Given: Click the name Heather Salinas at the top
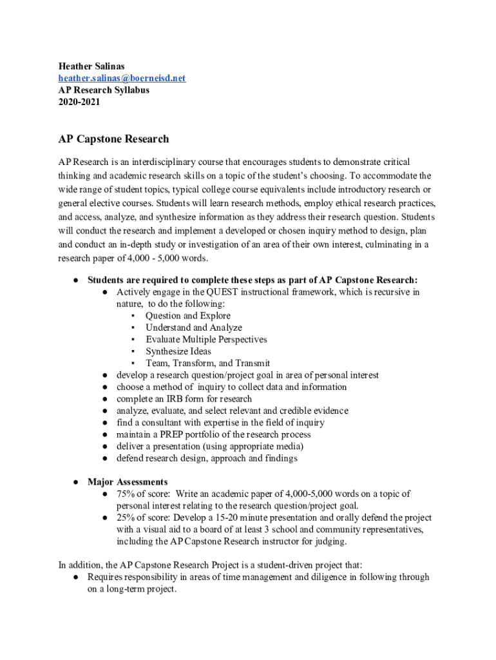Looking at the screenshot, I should (92, 66).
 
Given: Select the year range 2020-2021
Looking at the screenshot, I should (79, 102).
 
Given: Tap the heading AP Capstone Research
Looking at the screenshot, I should (113, 139).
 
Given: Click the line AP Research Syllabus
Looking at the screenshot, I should (104, 90).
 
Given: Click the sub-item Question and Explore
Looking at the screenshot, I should (187, 316).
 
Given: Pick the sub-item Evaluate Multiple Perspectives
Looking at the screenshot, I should (205, 340).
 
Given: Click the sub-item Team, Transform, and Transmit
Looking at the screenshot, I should (207, 363).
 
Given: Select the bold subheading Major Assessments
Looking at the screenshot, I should (128, 482).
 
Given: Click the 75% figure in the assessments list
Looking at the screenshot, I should (126, 494).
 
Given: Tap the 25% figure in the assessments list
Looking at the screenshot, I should (126, 518).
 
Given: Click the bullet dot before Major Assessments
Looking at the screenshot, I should (75, 482).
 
